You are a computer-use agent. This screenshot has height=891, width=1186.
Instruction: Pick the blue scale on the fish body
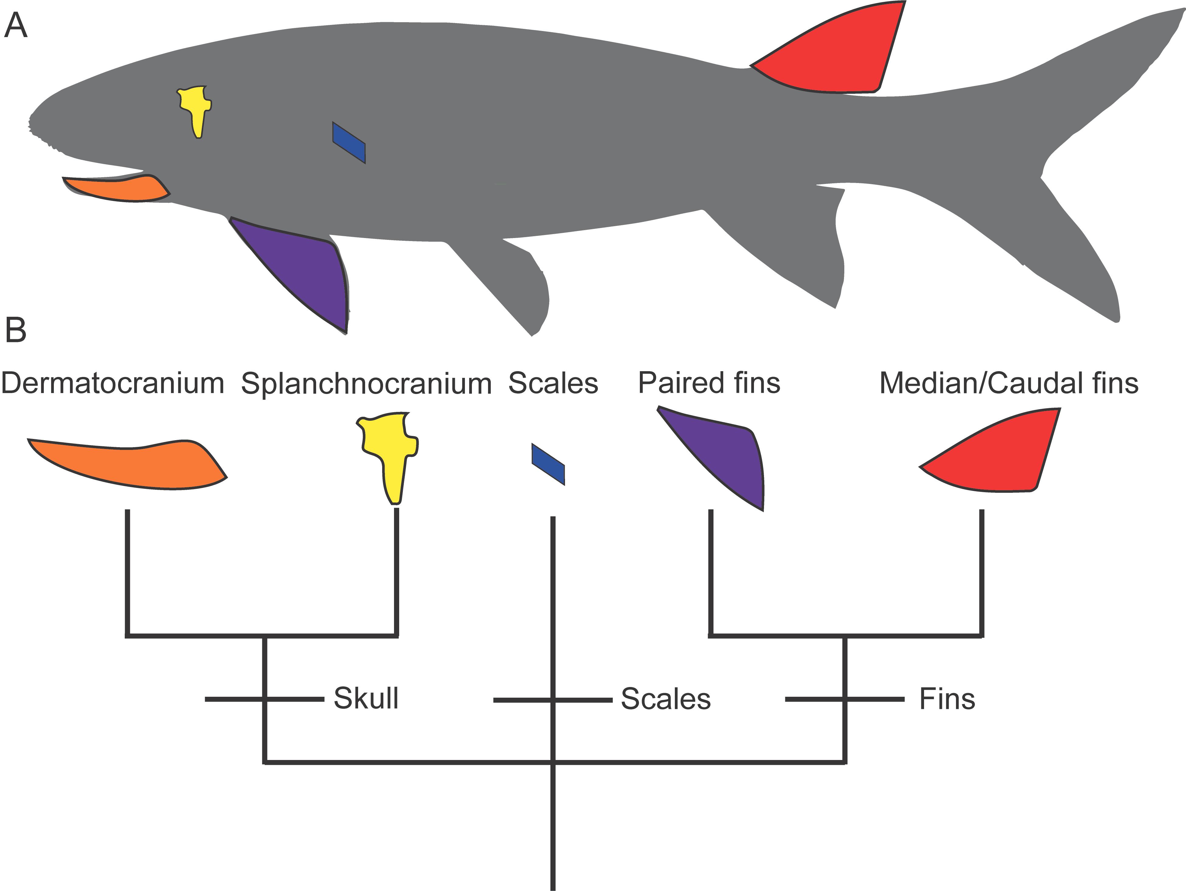(x=349, y=143)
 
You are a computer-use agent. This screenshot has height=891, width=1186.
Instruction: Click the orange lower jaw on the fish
(x=118, y=188)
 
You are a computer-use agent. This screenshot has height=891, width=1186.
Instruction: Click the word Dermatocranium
(x=113, y=384)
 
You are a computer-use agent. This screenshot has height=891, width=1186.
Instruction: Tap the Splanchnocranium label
(x=366, y=384)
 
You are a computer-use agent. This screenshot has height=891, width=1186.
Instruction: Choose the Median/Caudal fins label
(x=1009, y=384)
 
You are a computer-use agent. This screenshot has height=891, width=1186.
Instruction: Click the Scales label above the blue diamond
(x=553, y=384)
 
